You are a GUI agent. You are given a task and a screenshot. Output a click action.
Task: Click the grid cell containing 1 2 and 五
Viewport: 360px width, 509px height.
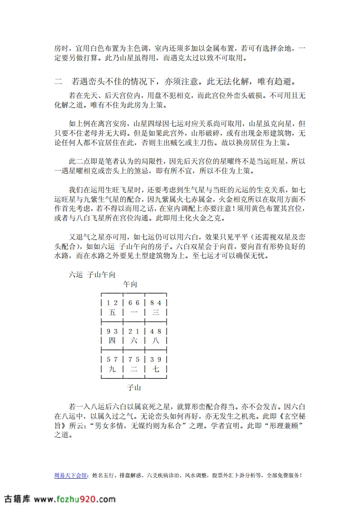(112, 308)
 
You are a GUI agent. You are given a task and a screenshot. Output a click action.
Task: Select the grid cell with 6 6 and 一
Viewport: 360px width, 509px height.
(133, 308)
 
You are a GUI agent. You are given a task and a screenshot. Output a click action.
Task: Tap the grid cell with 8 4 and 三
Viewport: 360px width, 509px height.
(156, 308)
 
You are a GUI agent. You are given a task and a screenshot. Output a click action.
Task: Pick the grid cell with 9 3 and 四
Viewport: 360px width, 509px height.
(112, 336)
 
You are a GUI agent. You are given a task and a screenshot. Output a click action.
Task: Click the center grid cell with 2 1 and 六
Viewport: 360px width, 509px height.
(133, 336)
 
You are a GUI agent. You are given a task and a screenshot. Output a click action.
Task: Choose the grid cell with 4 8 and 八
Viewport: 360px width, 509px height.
(156, 336)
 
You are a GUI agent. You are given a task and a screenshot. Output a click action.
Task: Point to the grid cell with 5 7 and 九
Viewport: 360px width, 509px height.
(112, 364)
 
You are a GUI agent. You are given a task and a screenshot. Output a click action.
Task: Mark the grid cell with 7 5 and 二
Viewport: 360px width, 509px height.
(133, 364)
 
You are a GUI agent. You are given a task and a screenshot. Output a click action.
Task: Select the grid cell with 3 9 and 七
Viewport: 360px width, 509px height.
(156, 364)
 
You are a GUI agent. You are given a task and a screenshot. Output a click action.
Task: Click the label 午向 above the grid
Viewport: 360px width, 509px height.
(130, 284)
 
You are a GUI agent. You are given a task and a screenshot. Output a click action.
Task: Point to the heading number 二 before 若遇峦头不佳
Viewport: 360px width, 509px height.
(58, 82)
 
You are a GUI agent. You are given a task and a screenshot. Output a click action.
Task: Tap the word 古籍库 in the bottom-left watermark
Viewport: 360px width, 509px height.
(17, 499)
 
